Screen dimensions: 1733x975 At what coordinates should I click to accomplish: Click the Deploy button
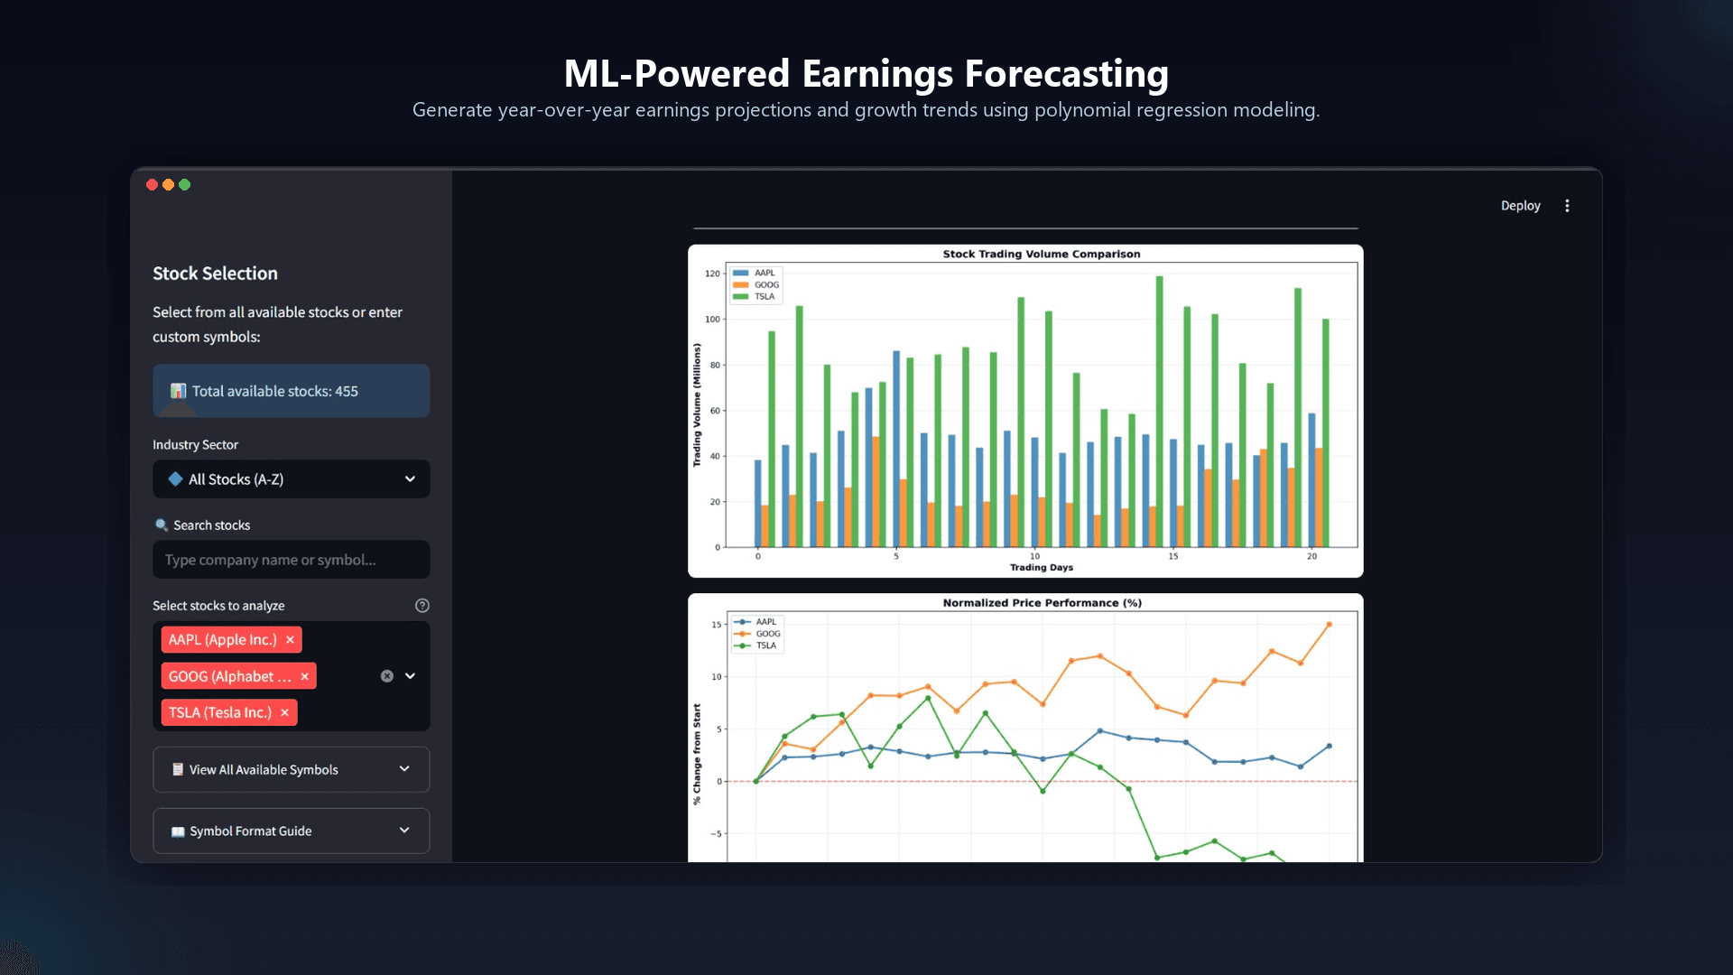pos(1520,206)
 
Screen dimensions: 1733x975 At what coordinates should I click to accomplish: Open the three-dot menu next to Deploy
pos(1567,206)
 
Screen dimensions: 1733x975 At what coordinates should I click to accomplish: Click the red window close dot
pos(152,185)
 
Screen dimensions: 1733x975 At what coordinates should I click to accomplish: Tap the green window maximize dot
pos(185,185)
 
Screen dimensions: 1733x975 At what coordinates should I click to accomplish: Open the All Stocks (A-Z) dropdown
pos(291,479)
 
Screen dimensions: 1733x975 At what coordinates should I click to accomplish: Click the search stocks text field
pos(291,560)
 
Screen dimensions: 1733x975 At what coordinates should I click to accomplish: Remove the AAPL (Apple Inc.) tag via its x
pos(290,640)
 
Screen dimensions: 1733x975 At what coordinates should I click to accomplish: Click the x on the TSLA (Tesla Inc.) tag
pos(284,713)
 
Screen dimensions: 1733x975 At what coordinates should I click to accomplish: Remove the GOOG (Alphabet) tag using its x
pos(304,677)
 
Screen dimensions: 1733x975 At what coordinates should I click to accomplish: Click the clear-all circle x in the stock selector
pos(387,676)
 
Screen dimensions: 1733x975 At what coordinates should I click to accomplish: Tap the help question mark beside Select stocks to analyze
pos(422,606)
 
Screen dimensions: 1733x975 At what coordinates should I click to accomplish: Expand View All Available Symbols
pos(291,770)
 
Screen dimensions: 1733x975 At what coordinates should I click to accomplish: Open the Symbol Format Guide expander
pos(291,831)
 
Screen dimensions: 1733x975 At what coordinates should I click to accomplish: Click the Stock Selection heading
pos(215,274)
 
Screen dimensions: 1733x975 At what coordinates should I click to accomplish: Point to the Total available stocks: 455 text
pos(274,392)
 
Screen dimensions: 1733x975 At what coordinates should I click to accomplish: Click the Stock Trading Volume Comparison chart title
pos(1042,255)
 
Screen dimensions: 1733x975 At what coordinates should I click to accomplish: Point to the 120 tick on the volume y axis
pos(713,274)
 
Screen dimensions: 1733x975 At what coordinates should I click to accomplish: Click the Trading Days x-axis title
pos(1042,568)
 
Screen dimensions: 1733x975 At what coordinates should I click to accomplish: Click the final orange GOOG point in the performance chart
pos(1329,625)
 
